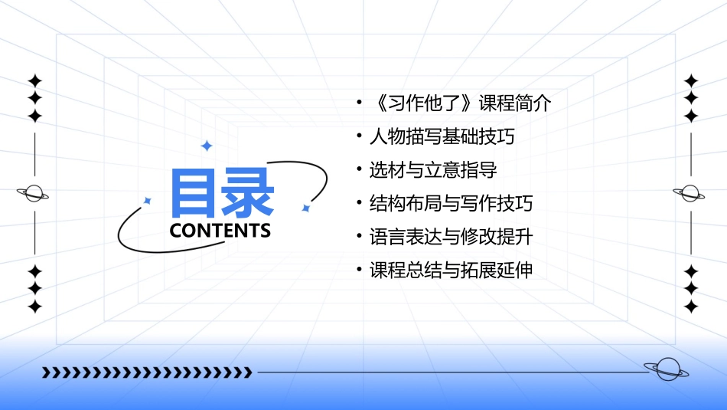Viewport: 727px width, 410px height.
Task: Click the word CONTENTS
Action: coord(220,231)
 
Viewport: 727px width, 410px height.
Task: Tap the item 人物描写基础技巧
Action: coord(442,137)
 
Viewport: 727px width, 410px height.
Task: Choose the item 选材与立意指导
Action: coord(433,170)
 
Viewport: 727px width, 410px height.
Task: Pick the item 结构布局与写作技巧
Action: coord(451,204)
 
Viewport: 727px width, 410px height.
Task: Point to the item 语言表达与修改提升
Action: coord(451,237)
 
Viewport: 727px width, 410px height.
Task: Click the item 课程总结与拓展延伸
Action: coord(451,271)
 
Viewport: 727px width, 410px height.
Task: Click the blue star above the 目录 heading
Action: coord(205,145)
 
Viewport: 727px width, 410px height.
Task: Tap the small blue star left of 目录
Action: coord(148,200)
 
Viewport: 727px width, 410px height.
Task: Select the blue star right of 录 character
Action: coord(305,208)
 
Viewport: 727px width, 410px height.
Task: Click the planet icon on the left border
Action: coord(34,193)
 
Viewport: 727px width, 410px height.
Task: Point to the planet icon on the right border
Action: coord(690,193)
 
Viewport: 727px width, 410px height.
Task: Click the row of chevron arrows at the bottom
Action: coord(146,372)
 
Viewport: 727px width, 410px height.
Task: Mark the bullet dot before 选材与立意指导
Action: coord(359,170)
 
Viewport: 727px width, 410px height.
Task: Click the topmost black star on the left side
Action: coord(34,80)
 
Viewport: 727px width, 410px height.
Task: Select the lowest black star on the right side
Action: coord(691,307)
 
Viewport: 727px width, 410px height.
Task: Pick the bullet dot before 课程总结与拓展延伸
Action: coord(359,271)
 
